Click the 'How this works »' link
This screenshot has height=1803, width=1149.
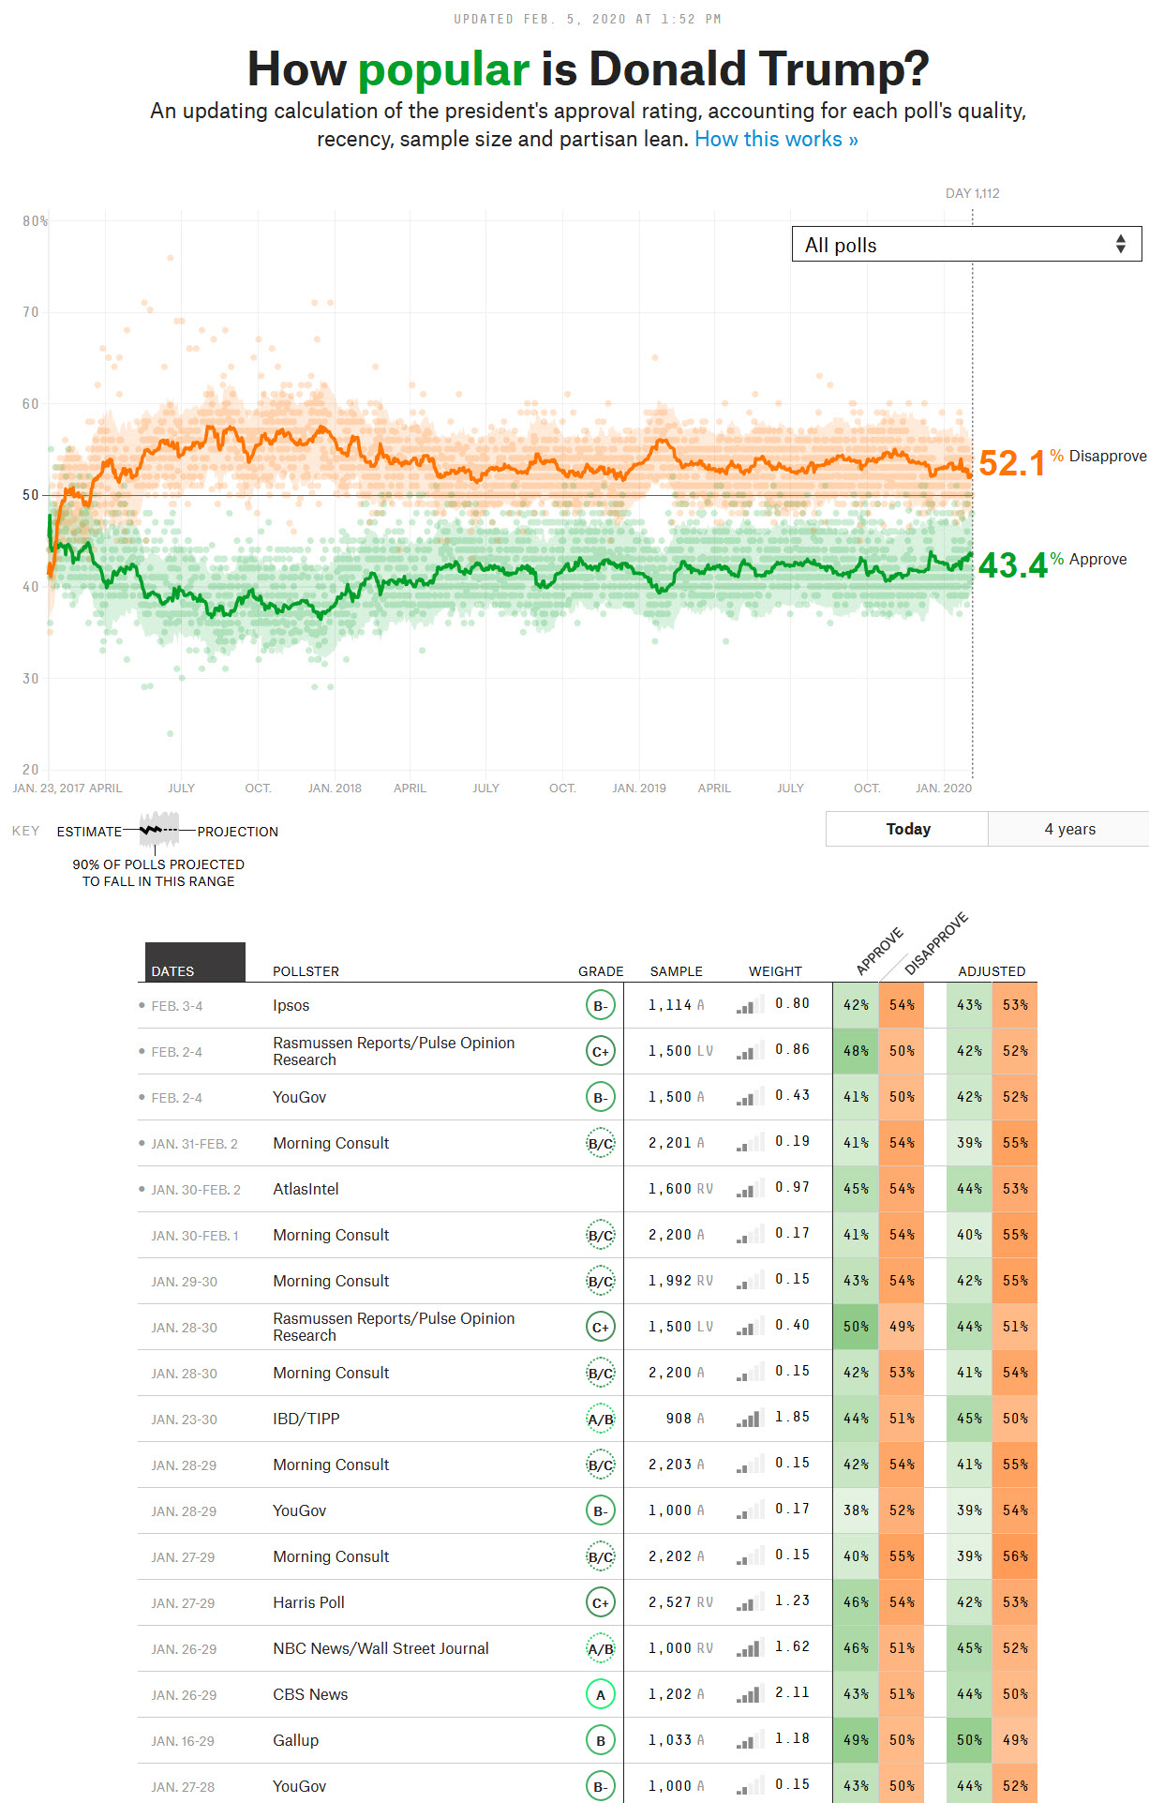point(776,140)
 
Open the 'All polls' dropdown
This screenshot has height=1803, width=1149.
point(966,245)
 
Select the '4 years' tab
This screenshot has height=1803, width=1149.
point(1069,829)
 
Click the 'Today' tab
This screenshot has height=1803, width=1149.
point(907,829)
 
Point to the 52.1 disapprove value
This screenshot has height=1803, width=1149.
point(1011,463)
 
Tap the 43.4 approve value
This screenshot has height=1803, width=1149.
point(1012,565)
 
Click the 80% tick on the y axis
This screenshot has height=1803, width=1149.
point(35,221)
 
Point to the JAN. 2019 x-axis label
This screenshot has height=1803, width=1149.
point(639,788)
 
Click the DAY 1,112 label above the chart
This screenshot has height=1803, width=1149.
point(972,193)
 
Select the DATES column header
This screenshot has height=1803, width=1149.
point(173,971)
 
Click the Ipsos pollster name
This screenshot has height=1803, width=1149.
point(291,1005)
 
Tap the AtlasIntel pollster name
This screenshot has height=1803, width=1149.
point(306,1189)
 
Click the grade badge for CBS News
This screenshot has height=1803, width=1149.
point(601,1694)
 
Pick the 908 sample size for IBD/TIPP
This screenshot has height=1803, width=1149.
point(679,1419)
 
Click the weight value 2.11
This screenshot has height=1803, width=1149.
point(792,1692)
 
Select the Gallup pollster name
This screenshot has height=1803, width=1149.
point(295,1740)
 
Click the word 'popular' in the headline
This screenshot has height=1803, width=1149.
point(443,69)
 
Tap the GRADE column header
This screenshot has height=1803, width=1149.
point(601,971)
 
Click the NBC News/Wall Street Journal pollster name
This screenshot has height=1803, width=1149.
point(381,1648)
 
